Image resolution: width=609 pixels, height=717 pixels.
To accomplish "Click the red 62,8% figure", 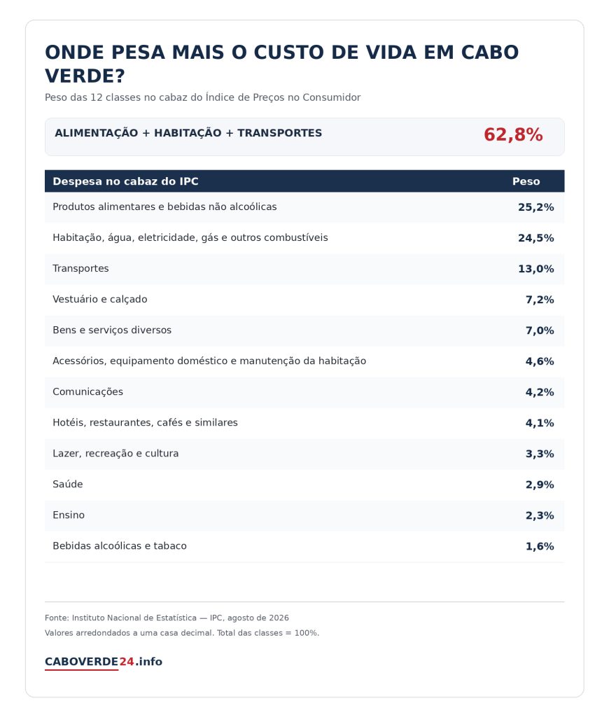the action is click(513, 135).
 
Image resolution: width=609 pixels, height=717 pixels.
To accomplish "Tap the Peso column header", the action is click(526, 181).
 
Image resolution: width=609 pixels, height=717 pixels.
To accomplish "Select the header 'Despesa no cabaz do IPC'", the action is click(125, 181).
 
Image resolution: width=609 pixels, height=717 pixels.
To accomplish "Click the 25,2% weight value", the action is click(535, 207).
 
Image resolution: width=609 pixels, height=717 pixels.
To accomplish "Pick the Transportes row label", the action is click(80, 268).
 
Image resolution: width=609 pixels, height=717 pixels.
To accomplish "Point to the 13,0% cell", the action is click(535, 269).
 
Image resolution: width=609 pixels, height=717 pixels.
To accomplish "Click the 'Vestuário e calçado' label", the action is click(99, 300).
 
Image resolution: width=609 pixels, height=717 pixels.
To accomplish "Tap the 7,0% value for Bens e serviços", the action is click(540, 330).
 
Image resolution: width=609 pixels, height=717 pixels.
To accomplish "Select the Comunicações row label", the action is click(87, 392).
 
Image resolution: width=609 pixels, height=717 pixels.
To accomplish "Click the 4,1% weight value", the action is click(540, 423).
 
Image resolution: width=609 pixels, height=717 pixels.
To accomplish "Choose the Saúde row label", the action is click(68, 485).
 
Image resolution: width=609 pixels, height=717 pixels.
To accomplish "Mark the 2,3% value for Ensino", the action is click(540, 515).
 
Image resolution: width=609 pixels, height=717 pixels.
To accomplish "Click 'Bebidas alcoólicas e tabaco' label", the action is click(119, 546).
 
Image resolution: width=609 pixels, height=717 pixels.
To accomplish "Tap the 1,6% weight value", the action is click(540, 546).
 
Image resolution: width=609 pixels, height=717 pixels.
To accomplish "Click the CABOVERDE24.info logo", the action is click(104, 662).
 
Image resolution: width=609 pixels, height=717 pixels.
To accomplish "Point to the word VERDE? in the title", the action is click(85, 76).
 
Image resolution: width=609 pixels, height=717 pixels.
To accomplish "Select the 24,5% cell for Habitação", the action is click(535, 238).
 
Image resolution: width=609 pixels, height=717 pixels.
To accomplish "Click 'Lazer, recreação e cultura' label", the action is click(115, 454).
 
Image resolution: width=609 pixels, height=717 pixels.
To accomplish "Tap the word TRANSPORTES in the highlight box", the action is click(279, 133).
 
